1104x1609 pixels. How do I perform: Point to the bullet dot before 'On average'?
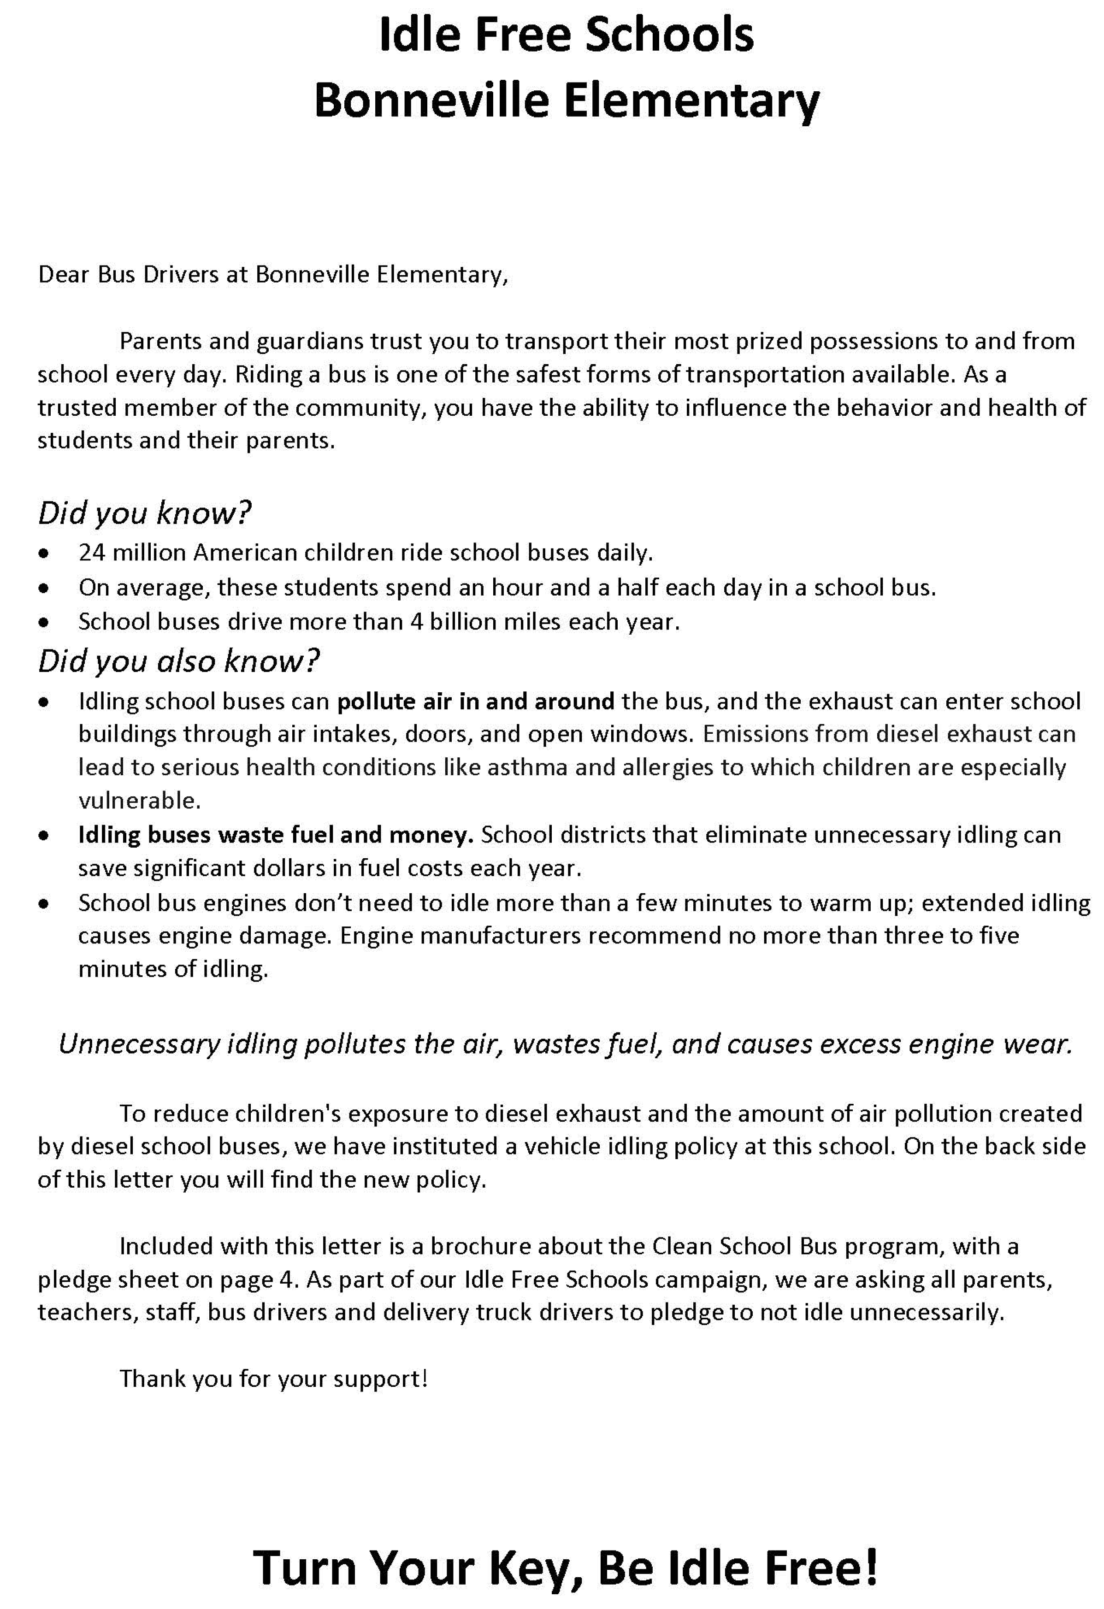[44, 588]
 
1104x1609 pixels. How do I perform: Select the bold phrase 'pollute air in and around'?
[475, 701]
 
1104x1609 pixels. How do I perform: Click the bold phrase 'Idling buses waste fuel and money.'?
[276, 835]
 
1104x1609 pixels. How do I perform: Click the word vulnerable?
[139, 801]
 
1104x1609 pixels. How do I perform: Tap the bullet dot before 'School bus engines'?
[44, 903]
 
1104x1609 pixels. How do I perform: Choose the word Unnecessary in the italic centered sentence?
[139, 1044]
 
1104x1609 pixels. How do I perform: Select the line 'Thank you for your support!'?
[273, 1379]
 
